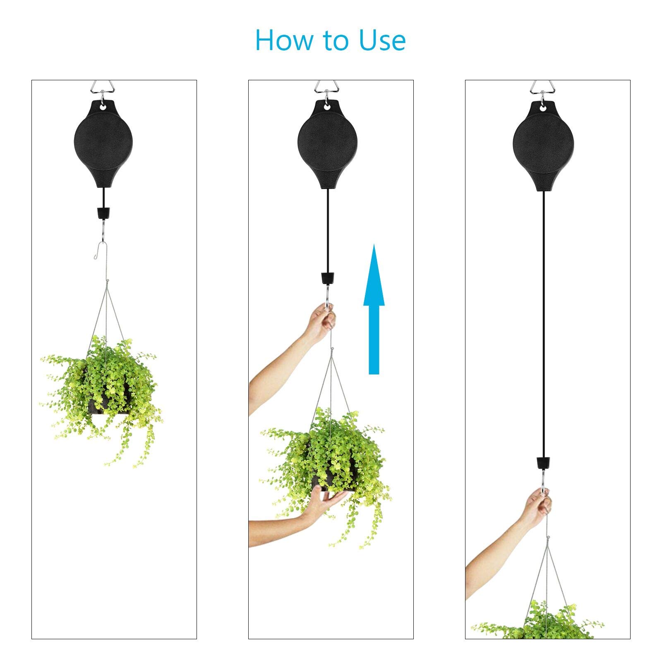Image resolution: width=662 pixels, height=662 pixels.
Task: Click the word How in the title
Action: [x=285, y=40]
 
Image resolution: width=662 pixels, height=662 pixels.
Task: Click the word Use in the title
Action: [x=382, y=40]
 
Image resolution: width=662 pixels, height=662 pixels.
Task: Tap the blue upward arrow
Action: [x=374, y=310]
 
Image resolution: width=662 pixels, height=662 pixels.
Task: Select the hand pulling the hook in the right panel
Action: [x=538, y=507]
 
